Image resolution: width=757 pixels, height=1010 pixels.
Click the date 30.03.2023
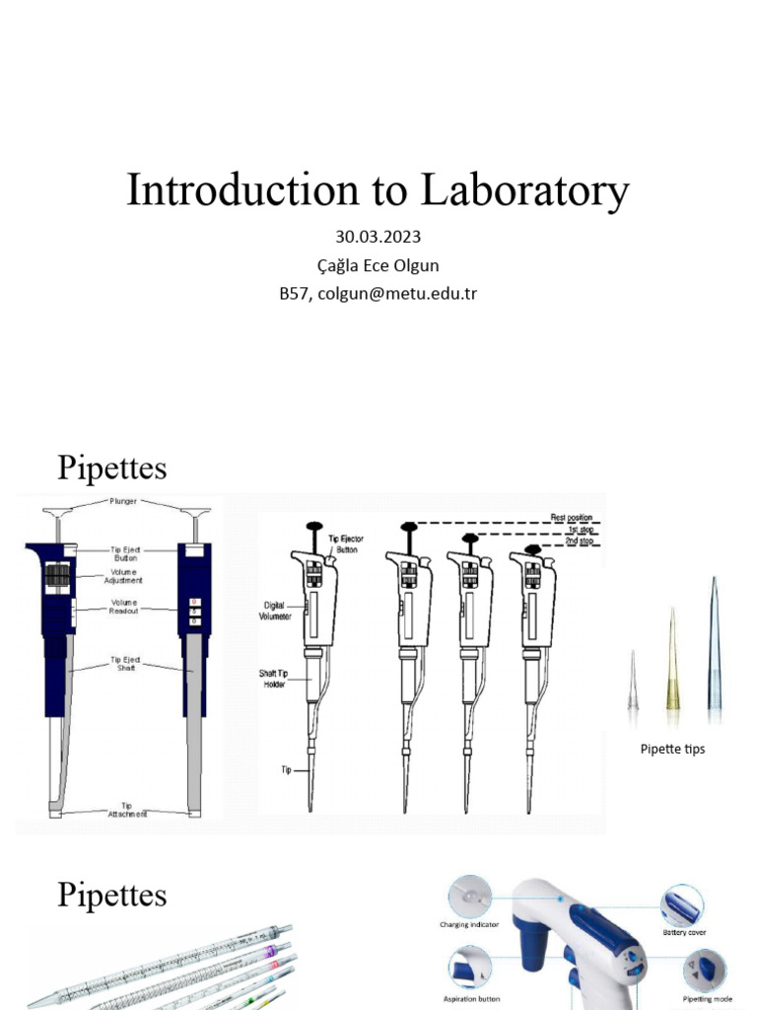378,238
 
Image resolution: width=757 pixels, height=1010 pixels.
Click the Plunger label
124,502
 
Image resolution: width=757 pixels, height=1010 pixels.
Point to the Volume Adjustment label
125,576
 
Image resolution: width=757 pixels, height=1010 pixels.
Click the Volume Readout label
124,607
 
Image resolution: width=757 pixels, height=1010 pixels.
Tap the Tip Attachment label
125,810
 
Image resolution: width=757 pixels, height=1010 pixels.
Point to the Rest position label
573,517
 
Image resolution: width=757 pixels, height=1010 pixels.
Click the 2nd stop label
579,540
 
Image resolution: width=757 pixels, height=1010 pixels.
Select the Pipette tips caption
672,750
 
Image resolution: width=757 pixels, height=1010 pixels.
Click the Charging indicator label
469,925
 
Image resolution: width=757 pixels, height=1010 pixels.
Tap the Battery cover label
685,932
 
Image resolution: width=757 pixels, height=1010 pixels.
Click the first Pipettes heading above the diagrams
111,468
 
